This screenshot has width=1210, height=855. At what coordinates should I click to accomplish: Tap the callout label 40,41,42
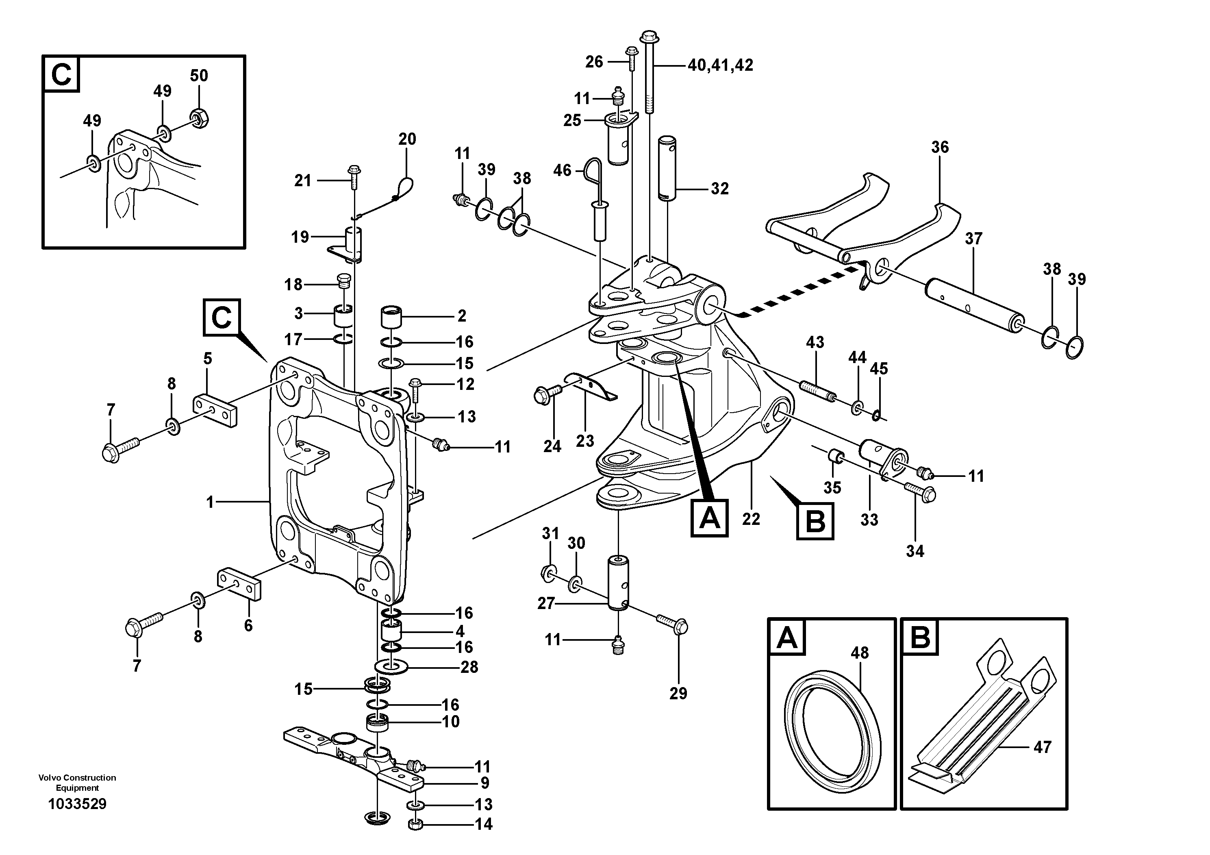pos(720,65)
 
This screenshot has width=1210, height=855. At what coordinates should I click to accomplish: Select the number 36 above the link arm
pos(940,147)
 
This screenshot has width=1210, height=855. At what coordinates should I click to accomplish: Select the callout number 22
pos(751,519)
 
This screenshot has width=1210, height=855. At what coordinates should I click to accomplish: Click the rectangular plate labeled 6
pos(240,583)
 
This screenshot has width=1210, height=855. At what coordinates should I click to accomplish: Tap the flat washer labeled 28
pos(391,667)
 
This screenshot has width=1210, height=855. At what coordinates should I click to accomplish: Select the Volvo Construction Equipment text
pos(77,783)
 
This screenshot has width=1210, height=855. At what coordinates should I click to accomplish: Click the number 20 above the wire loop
pos(407,139)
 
